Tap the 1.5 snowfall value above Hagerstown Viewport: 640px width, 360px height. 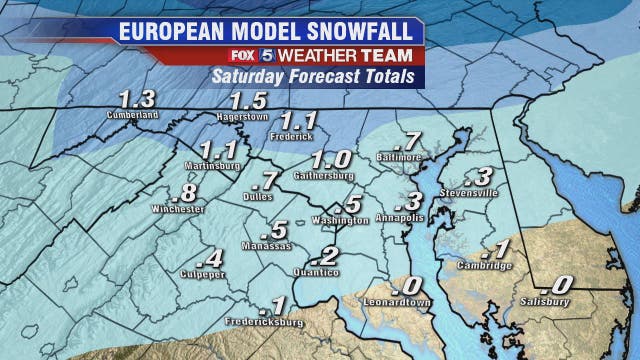(x=248, y=101)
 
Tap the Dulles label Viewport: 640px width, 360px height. (x=259, y=197)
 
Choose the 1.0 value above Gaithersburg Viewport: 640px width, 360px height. (x=331, y=160)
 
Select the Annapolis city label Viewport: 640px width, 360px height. (x=401, y=216)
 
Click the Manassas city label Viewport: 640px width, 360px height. (x=267, y=245)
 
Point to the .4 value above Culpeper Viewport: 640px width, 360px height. (x=213, y=257)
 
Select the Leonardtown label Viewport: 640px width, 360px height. (x=399, y=302)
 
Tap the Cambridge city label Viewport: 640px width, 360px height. (x=485, y=265)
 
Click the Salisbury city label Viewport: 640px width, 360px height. (x=545, y=301)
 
